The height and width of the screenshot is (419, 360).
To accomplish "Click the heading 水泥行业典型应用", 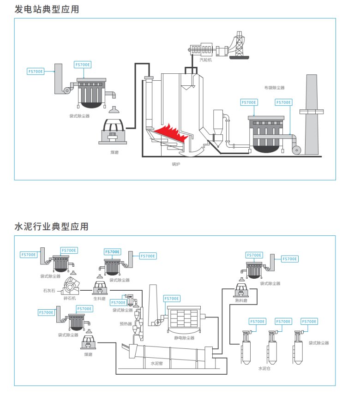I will pos(51,227).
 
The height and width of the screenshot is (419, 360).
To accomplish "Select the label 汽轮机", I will pos(205,60).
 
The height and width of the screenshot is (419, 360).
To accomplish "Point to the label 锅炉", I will pos(176,164).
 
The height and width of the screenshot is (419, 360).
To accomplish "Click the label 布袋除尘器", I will pos(275,87).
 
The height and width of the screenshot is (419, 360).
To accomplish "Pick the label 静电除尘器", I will pos(184,338).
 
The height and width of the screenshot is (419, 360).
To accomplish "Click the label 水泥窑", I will pos(157,363).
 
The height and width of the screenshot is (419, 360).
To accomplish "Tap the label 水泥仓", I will pos(264,368).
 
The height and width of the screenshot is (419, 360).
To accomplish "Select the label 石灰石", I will pos(49,291).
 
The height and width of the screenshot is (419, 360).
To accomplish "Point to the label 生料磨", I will pos(100,299).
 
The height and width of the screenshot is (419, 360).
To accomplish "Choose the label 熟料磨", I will pos(241,300).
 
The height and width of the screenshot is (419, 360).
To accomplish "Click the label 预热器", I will pos(126,324).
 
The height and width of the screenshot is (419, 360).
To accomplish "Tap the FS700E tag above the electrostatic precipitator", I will pos(171,299).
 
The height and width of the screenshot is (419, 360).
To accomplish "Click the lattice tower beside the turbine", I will pos(239,44).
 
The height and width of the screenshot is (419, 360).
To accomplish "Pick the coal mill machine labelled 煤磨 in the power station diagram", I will pos(113,132).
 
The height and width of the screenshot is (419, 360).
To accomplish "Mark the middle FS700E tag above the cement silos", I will pos(283,321).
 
